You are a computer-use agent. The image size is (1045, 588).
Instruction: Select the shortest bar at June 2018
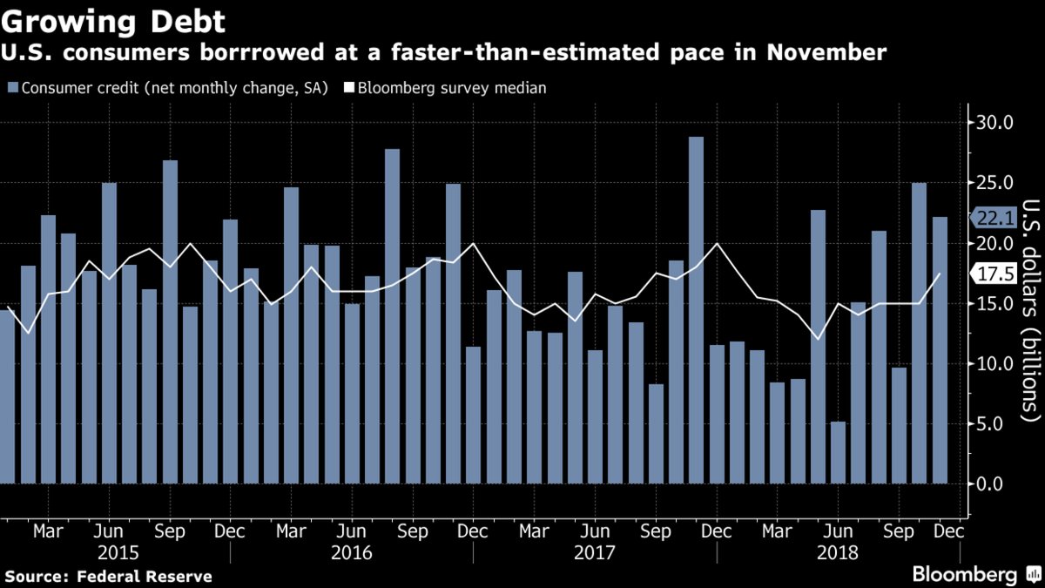(x=839, y=452)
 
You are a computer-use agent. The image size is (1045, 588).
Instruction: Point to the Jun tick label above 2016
(x=352, y=530)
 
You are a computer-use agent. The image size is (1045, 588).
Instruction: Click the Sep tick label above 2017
(x=657, y=530)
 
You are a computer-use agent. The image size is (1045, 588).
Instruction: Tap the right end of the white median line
(x=940, y=274)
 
